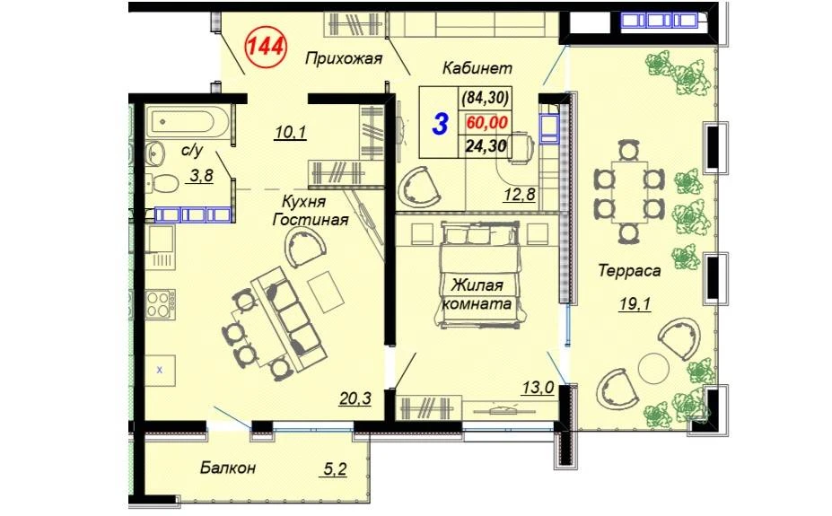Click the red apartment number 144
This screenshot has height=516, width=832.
[x=265, y=48]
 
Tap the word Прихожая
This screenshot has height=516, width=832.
[x=344, y=57]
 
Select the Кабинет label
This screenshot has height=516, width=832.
[x=477, y=68]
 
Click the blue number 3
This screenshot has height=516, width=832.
[x=440, y=124]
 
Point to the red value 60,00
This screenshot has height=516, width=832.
[x=486, y=123]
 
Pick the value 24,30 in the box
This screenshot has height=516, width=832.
[x=486, y=145]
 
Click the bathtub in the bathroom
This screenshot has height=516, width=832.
[x=188, y=123]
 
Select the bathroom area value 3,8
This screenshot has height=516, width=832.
[x=199, y=176]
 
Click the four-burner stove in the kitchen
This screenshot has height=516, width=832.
[x=161, y=303]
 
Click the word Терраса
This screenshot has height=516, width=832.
[x=629, y=271]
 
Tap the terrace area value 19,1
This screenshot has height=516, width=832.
[x=635, y=304]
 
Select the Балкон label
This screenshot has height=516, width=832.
[x=228, y=468]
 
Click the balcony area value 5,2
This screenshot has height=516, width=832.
[x=335, y=468]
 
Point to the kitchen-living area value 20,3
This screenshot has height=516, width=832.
[x=355, y=398]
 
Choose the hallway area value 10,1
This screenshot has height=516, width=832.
[x=290, y=132]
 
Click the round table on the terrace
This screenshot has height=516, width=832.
[x=652, y=369]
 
